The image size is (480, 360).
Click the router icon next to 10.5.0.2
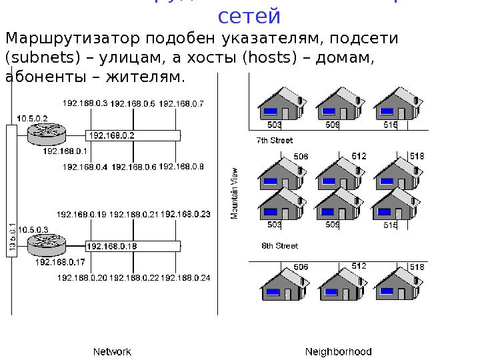46,134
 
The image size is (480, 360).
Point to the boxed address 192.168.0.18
112,246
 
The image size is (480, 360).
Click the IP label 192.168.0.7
181,103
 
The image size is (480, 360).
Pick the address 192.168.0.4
85,167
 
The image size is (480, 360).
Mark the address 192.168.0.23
185,214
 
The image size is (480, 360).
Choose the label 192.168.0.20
82,277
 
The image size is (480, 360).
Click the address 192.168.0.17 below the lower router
60,262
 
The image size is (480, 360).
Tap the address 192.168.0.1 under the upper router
65,151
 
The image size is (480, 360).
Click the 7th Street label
275,141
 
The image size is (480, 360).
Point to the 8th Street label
279,245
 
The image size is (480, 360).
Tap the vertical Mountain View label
234,193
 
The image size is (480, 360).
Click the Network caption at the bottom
112,351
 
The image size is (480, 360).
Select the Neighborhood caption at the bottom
339,351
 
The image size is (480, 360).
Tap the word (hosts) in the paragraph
271,58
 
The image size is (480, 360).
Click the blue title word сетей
249,15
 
